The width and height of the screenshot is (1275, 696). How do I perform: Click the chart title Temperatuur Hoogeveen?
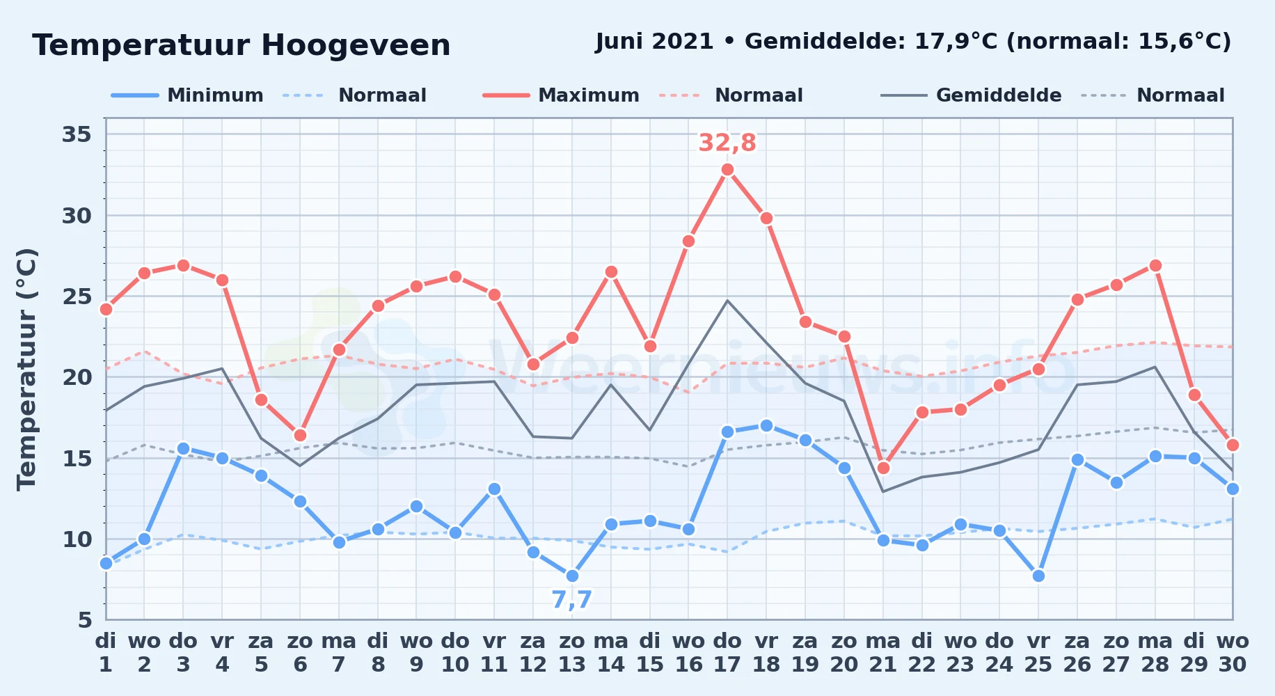241,46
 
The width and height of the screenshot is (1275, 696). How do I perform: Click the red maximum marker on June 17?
727,170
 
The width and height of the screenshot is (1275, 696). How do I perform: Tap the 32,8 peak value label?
727,143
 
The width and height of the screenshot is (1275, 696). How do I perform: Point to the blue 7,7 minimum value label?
571,599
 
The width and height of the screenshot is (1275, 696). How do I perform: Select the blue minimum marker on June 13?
572,576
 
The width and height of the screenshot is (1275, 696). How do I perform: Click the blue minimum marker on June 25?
1038,576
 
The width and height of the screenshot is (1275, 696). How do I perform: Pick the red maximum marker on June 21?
883,468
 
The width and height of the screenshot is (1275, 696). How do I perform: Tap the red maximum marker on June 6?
300,435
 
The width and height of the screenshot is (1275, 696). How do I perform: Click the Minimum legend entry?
187,95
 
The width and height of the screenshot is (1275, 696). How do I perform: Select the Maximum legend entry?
561,95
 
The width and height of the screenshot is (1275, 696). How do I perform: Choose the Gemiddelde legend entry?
971,95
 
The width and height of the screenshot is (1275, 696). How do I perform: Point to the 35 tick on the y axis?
77,134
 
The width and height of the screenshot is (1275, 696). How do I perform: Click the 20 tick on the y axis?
77,377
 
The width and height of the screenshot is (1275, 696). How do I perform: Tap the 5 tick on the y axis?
85,619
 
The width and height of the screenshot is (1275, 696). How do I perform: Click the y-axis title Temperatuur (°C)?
26,369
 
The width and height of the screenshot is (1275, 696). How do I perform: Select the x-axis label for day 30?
1233,653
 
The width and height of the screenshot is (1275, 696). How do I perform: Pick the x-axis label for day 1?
106,653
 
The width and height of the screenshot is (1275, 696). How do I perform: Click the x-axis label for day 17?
727,653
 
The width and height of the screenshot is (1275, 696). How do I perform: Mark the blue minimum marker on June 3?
183,448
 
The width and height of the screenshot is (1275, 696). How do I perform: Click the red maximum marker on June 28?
1155,265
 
